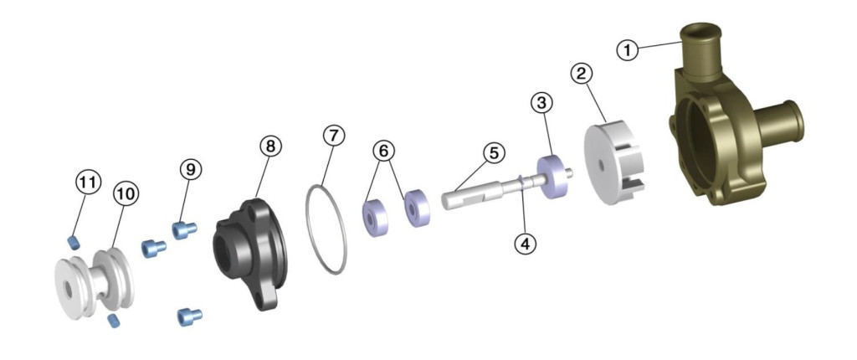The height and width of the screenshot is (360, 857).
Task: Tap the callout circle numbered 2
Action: click(582, 74)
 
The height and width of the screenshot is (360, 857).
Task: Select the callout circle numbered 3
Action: click(541, 102)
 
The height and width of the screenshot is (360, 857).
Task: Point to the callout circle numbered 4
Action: click(526, 244)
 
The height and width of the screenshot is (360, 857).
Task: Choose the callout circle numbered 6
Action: click(383, 151)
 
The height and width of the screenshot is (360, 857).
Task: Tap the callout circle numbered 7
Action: click(334, 135)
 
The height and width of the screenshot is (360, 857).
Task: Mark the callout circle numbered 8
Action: click(270, 146)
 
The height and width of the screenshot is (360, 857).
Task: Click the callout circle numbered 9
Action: click(191, 170)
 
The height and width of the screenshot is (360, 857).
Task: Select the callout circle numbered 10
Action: click(126, 193)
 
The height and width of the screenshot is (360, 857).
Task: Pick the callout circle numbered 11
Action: click(89, 183)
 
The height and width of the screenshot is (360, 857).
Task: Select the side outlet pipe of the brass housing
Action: click(779, 122)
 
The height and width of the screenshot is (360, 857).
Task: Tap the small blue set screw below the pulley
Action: click(114, 321)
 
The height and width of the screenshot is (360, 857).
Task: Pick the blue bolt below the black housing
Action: click(190, 316)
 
